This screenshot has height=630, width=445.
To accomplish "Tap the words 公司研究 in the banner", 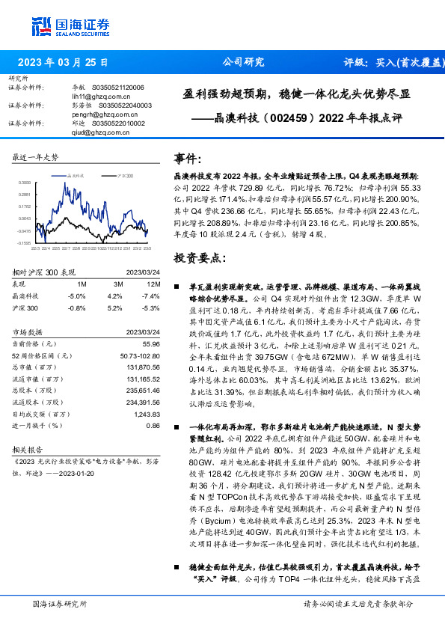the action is [x=239, y=63].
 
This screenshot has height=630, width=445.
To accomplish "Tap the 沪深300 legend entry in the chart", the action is [x=124, y=174].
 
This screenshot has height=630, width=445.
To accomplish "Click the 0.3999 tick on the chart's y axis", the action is [x=25, y=182].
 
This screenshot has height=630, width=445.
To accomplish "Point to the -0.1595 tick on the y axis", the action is [x=25, y=242].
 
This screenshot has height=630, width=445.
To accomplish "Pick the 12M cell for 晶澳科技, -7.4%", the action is [x=151, y=296].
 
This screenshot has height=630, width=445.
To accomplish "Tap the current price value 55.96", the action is [x=150, y=342].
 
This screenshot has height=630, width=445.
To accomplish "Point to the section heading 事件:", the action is [x=188, y=159].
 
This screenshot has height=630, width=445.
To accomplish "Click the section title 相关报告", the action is [x=30, y=450].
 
